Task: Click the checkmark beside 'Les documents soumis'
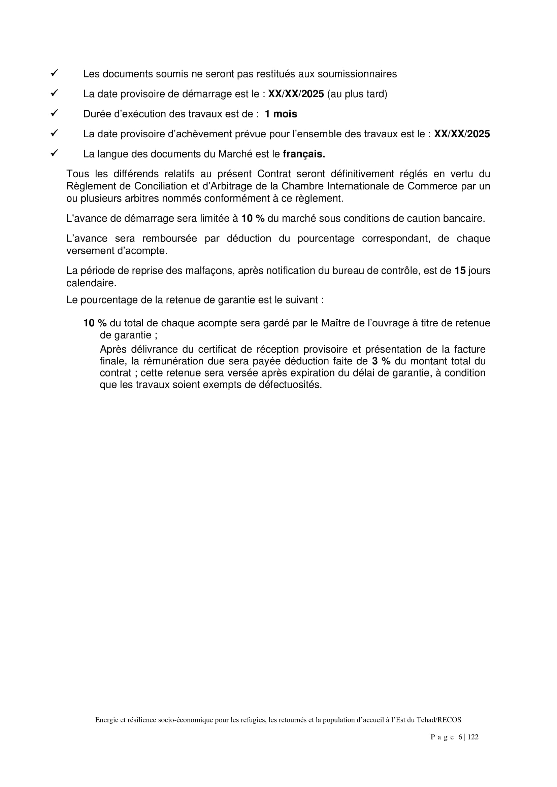tap(54, 73)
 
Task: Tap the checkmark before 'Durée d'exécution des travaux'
tap(54, 113)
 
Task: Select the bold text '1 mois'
tap(281, 114)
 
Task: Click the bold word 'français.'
tap(304, 154)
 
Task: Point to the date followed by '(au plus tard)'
tap(296, 94)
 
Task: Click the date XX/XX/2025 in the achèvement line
tap(462, 134)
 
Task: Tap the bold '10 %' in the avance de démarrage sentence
tap(253, 218)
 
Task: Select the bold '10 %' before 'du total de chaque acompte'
tap(95, 323)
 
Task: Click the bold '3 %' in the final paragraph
tap(382, 361)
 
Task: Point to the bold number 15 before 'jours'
tap(460, 271)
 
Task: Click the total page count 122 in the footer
tap(472, 737)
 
